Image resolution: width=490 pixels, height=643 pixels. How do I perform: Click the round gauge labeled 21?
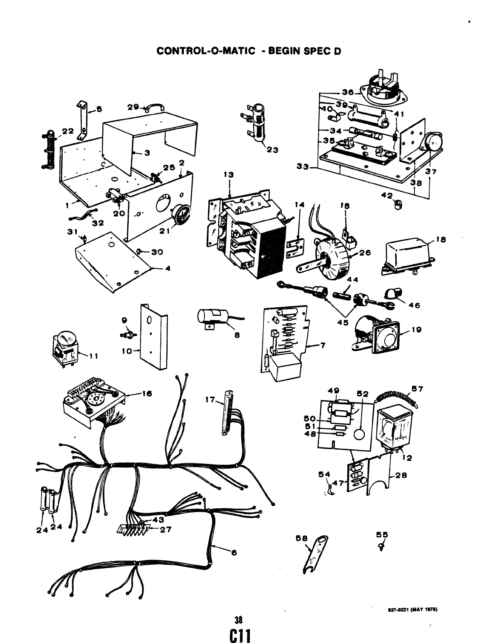coord(177,215)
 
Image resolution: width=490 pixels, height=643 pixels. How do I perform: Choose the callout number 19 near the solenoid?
coord(417,330)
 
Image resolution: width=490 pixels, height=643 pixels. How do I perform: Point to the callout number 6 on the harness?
coord(234,552)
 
